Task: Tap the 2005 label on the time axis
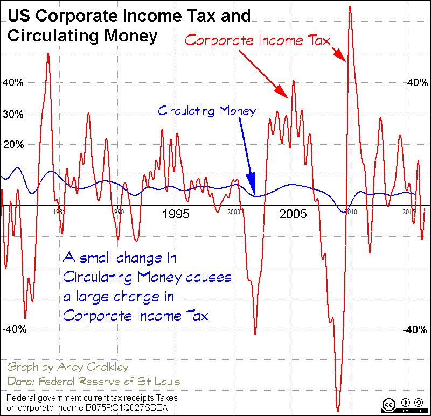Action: click(293, 215)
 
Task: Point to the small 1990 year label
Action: click(118, 212)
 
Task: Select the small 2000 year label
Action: click(233, 212)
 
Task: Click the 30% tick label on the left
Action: click(13, 114)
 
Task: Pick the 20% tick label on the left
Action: click(13, 145)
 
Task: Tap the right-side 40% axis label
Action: click(417, 83)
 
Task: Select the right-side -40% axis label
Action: click(415, 329)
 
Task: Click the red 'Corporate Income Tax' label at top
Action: click(257, 40)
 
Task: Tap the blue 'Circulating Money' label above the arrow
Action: click(206, 111)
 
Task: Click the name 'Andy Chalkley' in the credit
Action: click(96, 368)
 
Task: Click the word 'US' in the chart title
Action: click(19, 16)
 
